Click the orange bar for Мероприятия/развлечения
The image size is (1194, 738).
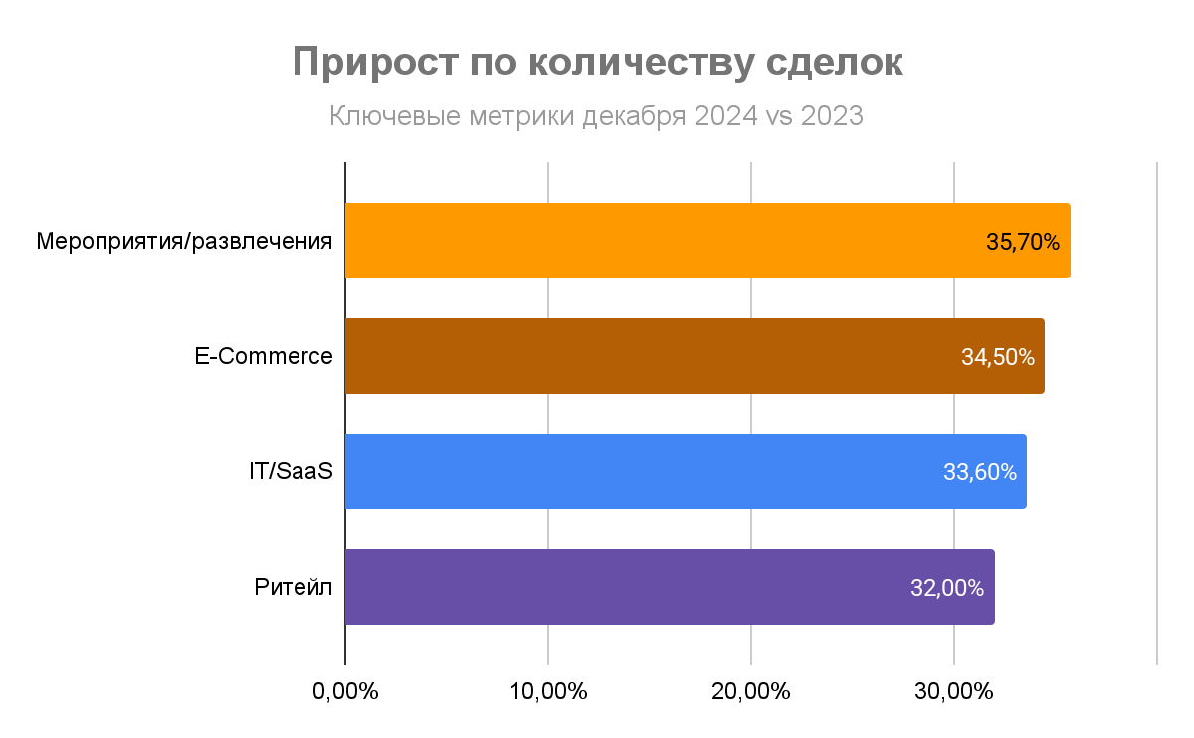pos(657,241)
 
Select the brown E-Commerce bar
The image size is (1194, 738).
pos(647,356)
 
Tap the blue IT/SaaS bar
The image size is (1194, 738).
pos(637,471)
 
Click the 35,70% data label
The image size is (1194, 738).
pos(1023,242)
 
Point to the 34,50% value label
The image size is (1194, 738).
pos(998,357)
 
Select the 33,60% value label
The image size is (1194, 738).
pos(980,472)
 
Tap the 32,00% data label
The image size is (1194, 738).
pos(947,588)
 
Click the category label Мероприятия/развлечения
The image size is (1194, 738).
pos(184,242)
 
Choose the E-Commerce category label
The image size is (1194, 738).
pos(264,356)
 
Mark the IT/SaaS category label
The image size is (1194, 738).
pos(291,471)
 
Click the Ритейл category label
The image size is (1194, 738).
pos(294,587)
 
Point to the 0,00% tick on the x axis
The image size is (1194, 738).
pos(345,691)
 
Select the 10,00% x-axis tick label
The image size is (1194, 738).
pos(548,691)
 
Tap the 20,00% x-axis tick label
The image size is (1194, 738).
pos(751,691)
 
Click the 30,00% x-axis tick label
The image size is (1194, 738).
pos(954,691)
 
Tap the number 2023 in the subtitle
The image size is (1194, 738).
pos(831,117)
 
